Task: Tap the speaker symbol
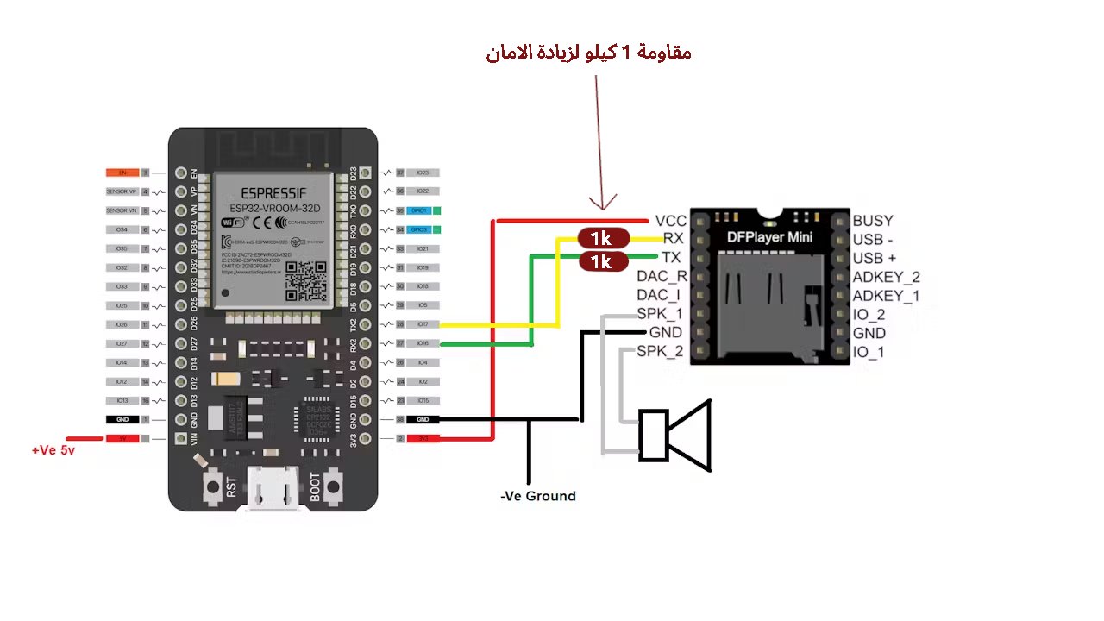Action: point(675,436)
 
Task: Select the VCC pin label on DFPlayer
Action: point(670,221)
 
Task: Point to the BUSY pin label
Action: point(873,221)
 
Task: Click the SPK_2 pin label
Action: point(660,351)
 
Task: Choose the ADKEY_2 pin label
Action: point(886,277)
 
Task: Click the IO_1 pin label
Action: point(869,352)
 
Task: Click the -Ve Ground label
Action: point(538,496)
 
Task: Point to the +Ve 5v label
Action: point(53,450)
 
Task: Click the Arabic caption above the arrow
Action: point(588,53)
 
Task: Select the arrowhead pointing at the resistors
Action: point(604,203)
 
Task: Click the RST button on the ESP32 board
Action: point(212,488)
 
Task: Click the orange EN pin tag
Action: point(122,172)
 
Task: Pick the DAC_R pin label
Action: point(662,277)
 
